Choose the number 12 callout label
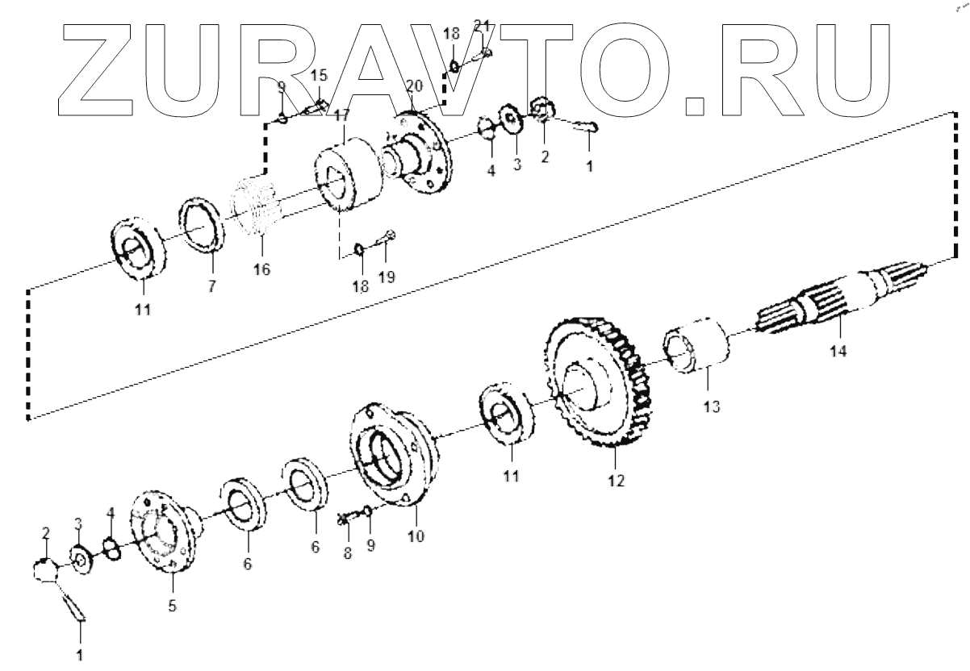pyautogui.click(x=617, y=481)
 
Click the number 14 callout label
pyautogui.click(x=838, y=352)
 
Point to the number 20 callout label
pyautogui.click(x=414, y=86)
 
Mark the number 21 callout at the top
pyautogui.click(x=482, y=26)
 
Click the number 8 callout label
pyautogui.click(x=347, y=553)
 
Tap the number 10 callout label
pyautogui.click(x=416, y=535)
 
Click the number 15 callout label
pyautogui.click(x=319, y=75)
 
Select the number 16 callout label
pyautogui.click(x=261, y=269)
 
